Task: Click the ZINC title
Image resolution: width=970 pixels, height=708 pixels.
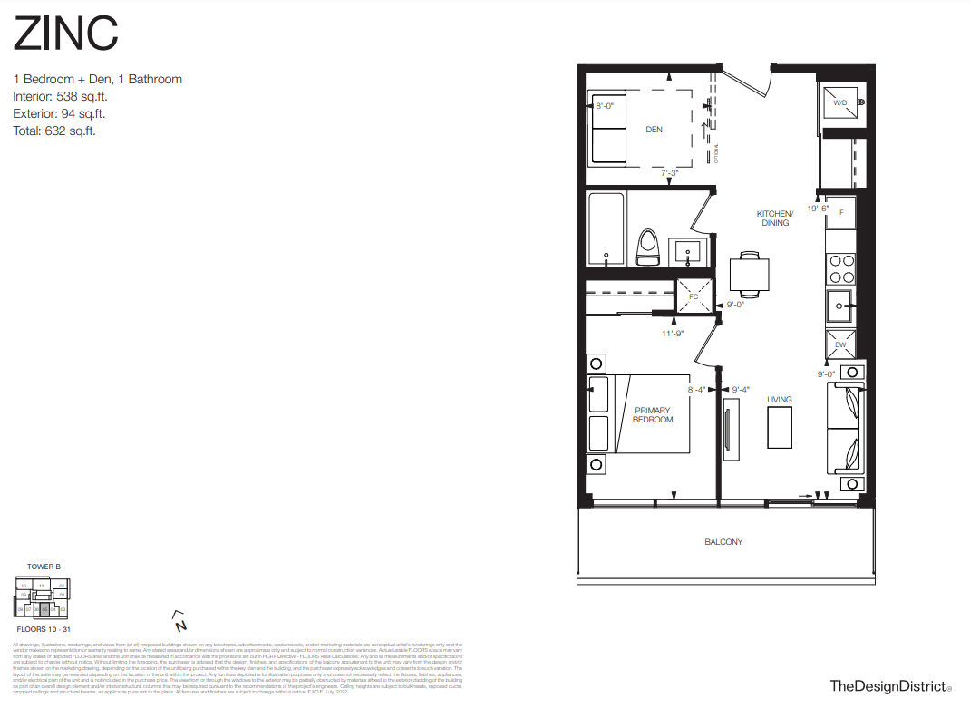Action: (x=65, y=34)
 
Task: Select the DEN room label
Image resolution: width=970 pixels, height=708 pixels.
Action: (x=654, y=130)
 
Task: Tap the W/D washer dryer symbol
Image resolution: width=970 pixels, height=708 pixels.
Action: (x=840, y=104)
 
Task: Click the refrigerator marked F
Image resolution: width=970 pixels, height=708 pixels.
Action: (x=841, y=212)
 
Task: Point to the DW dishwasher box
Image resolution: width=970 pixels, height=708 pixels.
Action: (x=840, y=344)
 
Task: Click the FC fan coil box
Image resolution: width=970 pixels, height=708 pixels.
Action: (x=694, y=296)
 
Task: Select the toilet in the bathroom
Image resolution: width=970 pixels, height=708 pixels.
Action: (x=647, y=247)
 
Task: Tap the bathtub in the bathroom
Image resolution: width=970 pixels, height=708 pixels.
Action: (x=605, y=229)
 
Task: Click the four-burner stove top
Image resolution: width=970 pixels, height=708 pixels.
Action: (x=840, y=268)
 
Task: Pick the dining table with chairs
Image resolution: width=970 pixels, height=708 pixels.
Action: (x=750, y=273)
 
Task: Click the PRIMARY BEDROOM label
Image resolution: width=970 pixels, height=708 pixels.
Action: (x=653, y=415)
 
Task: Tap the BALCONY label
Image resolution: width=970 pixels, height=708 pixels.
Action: (x=723, y=542)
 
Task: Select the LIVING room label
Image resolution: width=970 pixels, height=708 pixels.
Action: (x=779, y=400)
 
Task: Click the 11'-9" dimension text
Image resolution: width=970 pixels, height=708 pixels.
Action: (x=672, y=333)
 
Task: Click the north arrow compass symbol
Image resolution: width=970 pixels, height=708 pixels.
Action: (x=180, y=622)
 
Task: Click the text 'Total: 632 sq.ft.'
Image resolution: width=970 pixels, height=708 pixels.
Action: (x=54, y=131)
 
